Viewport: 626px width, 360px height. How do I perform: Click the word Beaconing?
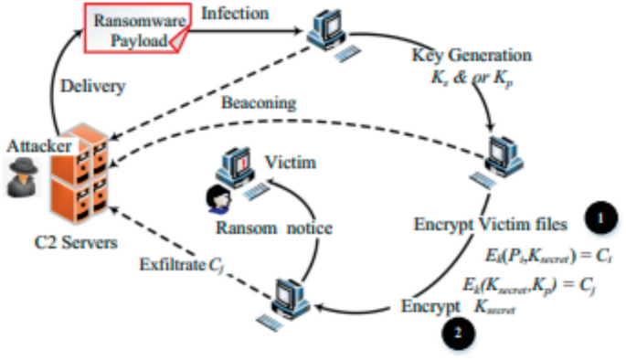259,103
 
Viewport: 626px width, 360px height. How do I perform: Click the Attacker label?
35,146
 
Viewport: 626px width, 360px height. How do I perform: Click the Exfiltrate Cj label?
183,267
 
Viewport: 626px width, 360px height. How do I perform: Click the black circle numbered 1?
600,218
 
